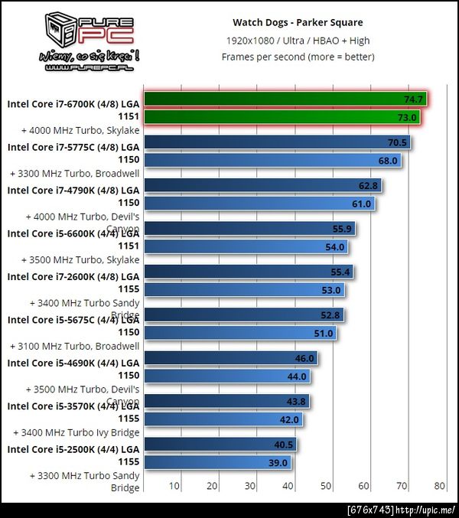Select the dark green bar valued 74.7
(x=285, y=99)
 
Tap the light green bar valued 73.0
(x=282, y=117)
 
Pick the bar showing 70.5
(x=277, y=142)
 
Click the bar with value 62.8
(x=262, y=185)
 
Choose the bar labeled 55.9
(x=249, y=228)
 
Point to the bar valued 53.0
(x=244, y=290)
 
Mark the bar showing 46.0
(x=230, y=357)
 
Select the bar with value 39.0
(x=217, y=462)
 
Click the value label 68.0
(x=389, y=161)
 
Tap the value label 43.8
(x=298, y=401)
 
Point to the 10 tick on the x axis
(x=174, y=485)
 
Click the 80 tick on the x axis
(x=438, y=485)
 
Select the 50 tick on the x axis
(x=326, y=485)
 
